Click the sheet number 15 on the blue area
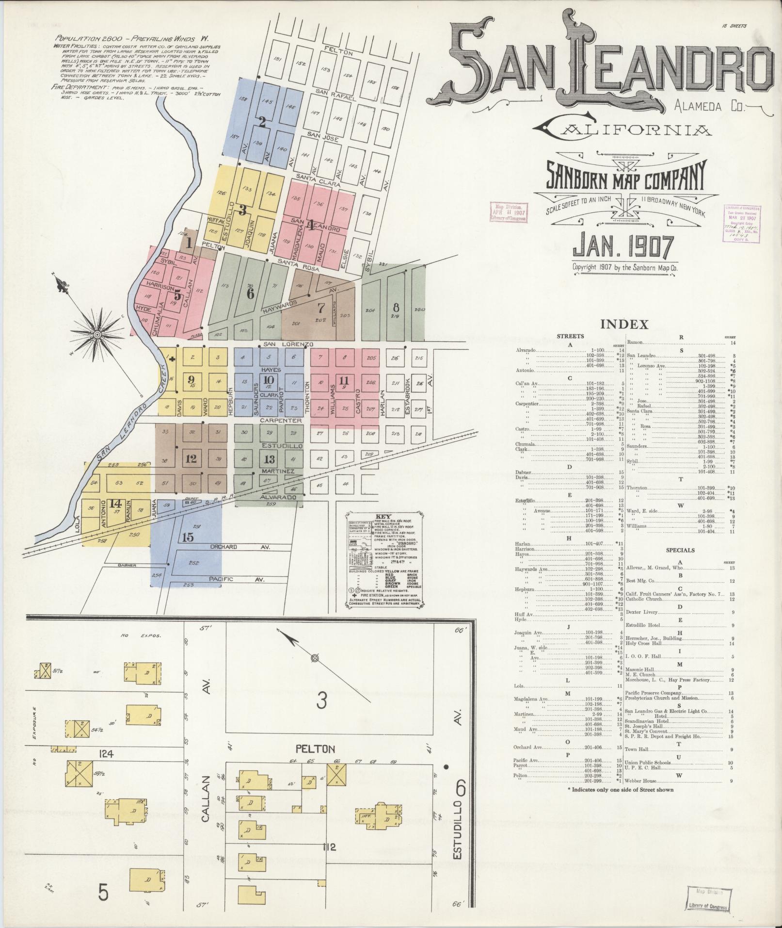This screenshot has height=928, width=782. click(188, 537)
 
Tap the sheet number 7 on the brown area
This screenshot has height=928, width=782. click(320, 308)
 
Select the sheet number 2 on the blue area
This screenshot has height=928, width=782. click(262, 122)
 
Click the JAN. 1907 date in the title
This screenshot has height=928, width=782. click(624, 246)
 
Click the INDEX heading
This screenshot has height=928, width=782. click(624, 325)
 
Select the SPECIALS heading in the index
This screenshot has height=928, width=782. click(680, 551)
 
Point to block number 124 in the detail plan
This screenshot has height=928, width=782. click(105, 754)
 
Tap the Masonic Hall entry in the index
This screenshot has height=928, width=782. click(638, 670)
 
